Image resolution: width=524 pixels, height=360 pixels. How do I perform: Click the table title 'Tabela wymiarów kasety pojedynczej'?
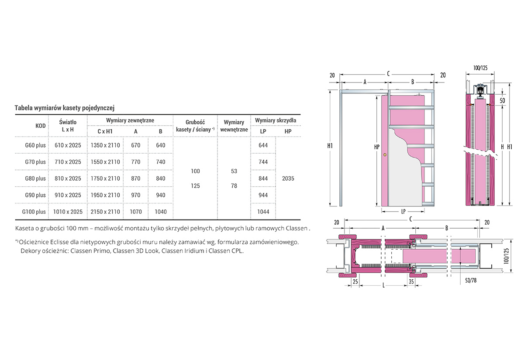point(65,108)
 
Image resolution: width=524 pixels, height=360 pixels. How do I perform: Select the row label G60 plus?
point(35,145)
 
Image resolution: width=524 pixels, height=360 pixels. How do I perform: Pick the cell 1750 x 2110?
point(105,178)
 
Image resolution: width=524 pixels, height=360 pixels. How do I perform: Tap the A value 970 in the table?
point(136,195)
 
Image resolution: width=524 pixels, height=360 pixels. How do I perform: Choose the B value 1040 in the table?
point(161,212)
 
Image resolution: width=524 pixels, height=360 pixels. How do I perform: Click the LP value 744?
point(263,162)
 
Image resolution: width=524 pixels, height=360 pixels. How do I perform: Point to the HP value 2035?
point(288,178)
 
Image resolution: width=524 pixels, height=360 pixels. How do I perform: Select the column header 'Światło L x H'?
point(68,126)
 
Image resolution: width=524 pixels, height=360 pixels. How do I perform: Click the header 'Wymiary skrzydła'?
point(276,120)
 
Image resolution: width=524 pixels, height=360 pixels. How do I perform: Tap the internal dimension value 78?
point(234,186)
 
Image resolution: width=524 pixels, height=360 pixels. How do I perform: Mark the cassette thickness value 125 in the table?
point(195,186)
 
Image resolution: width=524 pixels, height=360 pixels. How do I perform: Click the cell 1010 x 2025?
point(68,212)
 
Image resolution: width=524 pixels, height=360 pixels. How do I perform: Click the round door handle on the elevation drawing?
point(385,155)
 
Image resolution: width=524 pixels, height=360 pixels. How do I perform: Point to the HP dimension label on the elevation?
point(376,147)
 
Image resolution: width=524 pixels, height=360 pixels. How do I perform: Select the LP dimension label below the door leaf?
point(403,212)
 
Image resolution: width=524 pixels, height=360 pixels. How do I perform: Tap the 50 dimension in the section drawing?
point(503,101)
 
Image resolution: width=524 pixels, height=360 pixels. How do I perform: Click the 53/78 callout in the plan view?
point(471,281)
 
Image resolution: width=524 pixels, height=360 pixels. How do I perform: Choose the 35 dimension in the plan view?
point(411,282)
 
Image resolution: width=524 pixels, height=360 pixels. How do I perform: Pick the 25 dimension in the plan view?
point(355,282)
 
